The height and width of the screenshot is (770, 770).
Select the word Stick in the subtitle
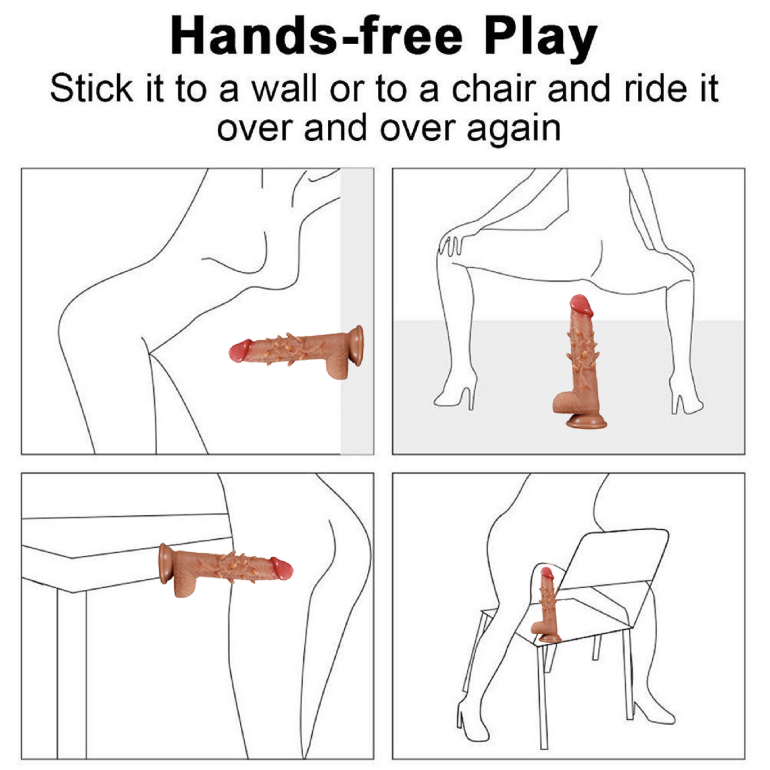92,88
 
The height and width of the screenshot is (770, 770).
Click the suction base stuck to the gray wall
357,346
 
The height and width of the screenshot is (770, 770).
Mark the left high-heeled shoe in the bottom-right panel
466,715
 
